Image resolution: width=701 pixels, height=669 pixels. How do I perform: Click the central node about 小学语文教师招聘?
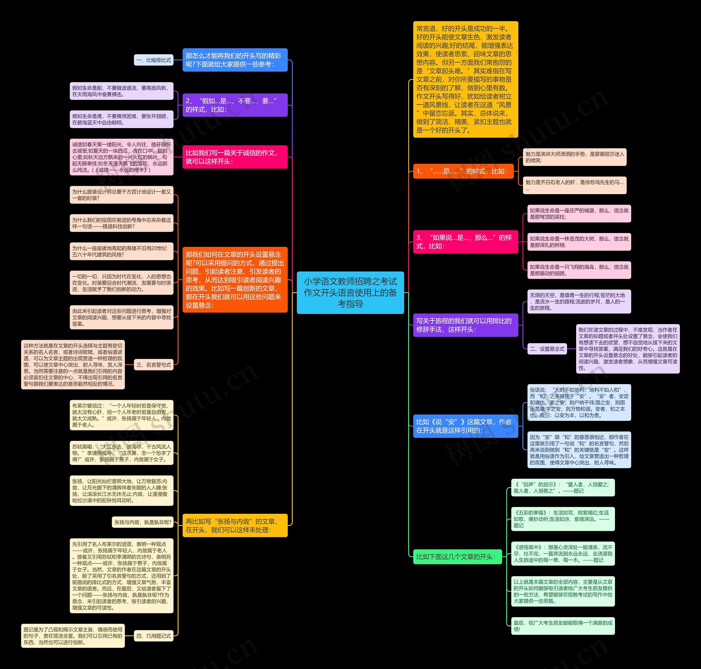tap(350, 293)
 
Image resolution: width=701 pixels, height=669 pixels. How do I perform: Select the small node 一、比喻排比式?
tap(154, 60)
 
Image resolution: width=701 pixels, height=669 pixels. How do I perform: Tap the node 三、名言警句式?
tap(154, 364)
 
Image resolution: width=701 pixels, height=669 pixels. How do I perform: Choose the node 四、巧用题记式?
tap(154, 636)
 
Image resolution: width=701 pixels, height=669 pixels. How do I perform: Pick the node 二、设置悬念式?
tap(547, 349)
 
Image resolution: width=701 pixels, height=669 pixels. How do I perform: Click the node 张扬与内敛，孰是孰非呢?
tap(142, 522)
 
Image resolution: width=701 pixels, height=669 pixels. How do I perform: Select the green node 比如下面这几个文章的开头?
tap(457, 557)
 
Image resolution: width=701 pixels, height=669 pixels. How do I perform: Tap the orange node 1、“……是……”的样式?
tap(463, 171)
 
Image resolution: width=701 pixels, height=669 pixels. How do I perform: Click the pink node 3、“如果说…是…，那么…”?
tap(465, 242)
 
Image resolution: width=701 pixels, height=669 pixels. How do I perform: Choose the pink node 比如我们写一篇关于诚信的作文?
tap(235, 157)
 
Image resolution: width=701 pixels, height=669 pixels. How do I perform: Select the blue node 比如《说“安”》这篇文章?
tap(465, 426)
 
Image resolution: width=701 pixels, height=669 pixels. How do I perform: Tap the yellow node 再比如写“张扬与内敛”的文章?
tap(235, 525)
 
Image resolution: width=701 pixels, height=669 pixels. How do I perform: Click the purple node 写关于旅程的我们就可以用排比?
tap(465, 325)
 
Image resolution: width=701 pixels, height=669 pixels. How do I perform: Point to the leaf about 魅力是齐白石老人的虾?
tap(574, 185)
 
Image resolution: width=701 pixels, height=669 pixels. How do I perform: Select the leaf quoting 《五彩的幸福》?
tap(563, 519)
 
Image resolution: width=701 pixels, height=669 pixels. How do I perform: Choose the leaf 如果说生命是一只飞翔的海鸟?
tap(579, 270)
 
